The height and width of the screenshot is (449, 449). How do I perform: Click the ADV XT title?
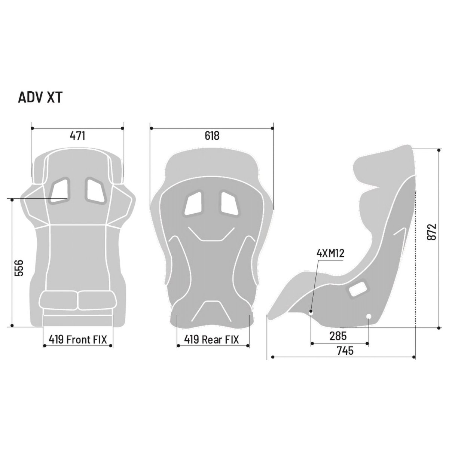40,98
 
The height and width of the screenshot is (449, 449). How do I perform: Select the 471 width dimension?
77,136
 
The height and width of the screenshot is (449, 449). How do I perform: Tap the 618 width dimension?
212,136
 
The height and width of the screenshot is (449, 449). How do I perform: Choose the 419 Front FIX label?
78,339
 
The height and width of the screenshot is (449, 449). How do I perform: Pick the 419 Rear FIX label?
211,339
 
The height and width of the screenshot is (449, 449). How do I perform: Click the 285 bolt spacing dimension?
338,336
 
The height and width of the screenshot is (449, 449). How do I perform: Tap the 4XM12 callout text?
330,253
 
